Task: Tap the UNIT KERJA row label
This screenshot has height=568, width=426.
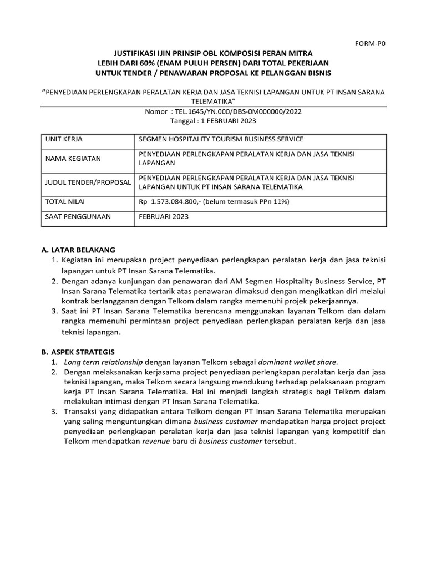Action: [x=64, y=139]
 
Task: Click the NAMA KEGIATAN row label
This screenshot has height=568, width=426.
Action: [x=73, y=159]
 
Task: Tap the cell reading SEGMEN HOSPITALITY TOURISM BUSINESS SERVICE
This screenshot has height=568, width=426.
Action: [x=221, y=139]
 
